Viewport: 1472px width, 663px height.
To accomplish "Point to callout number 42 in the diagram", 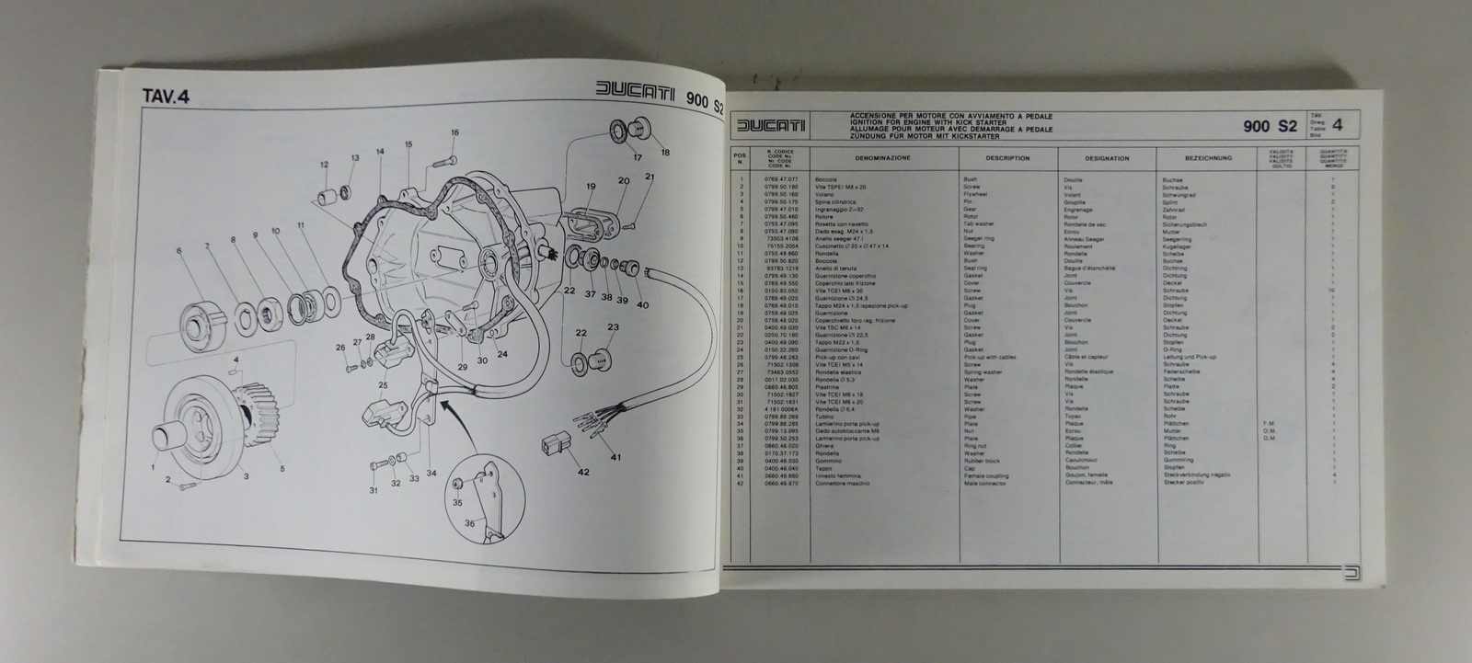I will coord(582,473).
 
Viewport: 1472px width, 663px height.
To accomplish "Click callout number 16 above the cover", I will coord(454,133).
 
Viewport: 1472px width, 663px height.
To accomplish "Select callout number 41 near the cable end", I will coord(615,458).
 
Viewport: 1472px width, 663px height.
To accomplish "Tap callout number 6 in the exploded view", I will coord(180,251).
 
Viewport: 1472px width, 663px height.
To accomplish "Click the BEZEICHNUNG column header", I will coord(1208,158).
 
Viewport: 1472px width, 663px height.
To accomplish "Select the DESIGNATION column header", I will coord(1107,158).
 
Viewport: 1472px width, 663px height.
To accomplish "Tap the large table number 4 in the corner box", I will coord(1337,126).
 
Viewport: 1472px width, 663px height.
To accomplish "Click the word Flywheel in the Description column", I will coord(974,195).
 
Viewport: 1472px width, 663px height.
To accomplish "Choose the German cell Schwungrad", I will coord(1179,195).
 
